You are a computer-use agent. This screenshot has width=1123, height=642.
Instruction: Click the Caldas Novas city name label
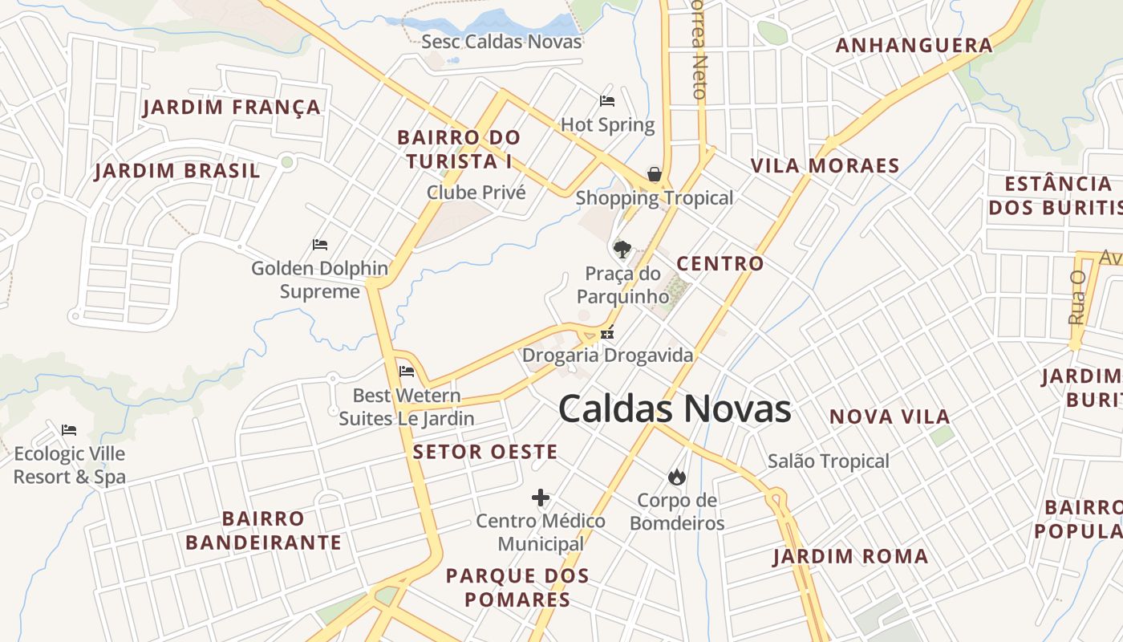pyautogui.click(x=675, y=408)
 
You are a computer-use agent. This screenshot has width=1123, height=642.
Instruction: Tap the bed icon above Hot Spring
pyautogui.click(x=607, y=101)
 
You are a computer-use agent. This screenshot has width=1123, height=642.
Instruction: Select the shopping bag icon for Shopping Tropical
pyautogui.click(x=655, y=174)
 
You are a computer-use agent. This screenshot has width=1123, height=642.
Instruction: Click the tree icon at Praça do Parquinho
pyautogui.click(x=622, y=249)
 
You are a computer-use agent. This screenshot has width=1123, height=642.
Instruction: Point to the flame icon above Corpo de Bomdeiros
pyautogui.click(x=677, y=477)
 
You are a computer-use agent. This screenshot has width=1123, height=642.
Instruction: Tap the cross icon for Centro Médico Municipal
pyautogui.click(x=541, y=498)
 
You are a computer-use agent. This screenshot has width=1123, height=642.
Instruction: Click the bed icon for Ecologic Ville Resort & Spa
pyautogui.click(x=69, y=431)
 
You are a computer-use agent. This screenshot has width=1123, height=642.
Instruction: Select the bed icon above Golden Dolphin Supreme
pyautogui.click(x=320, y=244)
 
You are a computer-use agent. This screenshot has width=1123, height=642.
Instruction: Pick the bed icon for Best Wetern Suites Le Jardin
pyautogui.click(x=407, y=372)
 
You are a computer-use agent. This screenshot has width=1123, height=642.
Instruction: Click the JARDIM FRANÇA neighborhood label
pyautogui.click(x=232, y=108)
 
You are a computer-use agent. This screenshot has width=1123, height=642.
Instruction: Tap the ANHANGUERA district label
pyautogui.click(x=914, y=45)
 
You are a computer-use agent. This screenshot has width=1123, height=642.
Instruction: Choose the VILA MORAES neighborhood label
pyautogui.click(x=825, y=166)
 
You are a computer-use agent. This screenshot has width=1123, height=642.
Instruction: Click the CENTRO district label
pyautogui.click(x=720, y=263)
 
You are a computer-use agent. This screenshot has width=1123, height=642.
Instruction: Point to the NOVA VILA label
pyautogui.click(x=890, y=416)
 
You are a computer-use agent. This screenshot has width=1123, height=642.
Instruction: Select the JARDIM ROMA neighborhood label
pyautogui.click(x=850, y=556)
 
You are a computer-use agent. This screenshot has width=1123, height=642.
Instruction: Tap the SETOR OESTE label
pyautogui.click(x=485, y=452)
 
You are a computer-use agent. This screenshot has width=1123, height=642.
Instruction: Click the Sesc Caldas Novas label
pyautogui.click(x=502, y=42)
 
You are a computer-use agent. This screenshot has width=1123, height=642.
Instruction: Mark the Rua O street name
pyautogui.click(x=1076, y=297)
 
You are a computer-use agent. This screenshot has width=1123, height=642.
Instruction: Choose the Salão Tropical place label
pyautogui.click(x=829, y=461)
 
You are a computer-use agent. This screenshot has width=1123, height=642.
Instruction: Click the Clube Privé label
pyautogui.click(x=476, y=193)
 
